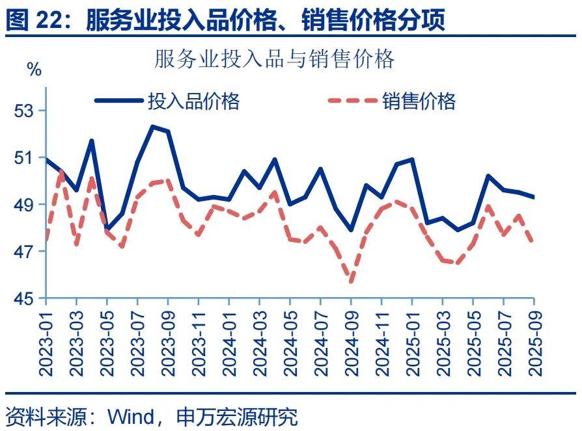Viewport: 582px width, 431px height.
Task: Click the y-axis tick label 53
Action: (x=24, y=111)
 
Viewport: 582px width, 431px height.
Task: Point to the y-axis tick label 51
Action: (x=24, y=158)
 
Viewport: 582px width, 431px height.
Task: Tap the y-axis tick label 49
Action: (x=24, y=205)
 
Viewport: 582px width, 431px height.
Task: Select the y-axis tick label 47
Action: (x=24, y=252)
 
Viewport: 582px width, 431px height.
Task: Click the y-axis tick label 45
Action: (x=24, y=298)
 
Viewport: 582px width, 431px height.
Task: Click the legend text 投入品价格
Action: (x=193, y=101)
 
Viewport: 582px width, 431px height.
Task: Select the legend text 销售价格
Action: (x=419, y=101)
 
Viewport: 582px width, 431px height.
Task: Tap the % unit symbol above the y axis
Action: (x=35, y=70)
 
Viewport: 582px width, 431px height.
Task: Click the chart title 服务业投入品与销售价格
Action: (x=274, y=60)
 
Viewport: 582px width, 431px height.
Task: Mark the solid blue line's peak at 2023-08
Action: (x=152, y=127)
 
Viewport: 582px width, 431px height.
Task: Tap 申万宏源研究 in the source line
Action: (x=236, y=415)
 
